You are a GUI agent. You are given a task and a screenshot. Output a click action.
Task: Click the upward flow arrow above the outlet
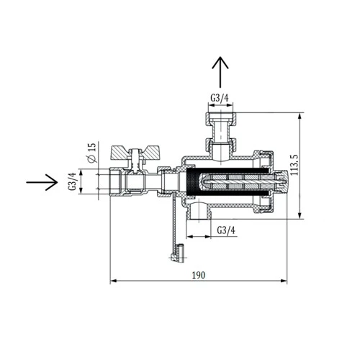(x=220, y=72)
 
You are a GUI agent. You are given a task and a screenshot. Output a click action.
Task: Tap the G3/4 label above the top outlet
(x=220, y=97)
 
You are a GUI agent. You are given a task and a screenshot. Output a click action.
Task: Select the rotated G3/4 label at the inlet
(x=73, y=181)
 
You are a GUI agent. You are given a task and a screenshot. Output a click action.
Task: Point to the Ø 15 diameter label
(x=91, y=153)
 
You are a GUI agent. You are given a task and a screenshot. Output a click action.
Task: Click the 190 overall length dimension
(x=199, y=275)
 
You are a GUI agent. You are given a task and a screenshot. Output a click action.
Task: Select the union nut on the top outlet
(x=220, y=118)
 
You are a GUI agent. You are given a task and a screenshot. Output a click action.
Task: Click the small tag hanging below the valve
(x=176, y=251)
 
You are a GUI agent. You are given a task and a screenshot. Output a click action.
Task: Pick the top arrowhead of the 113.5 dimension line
(x=299, y=114)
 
